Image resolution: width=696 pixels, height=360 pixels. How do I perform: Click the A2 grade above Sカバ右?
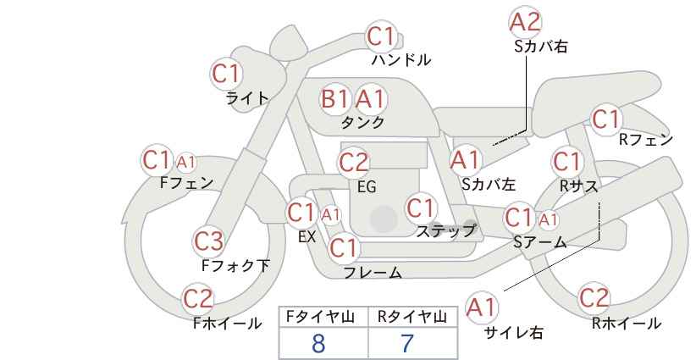(526, 22)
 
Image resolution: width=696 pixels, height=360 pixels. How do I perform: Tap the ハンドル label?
(401, 60)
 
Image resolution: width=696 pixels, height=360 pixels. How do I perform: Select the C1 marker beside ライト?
(226, 74)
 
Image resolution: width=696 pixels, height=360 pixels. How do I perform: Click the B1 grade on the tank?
(334, 98)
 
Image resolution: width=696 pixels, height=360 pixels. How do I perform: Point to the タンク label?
(362, 122)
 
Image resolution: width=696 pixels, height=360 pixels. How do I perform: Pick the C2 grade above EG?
(353, 163)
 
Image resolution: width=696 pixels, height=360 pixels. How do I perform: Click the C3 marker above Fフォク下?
(208, 241)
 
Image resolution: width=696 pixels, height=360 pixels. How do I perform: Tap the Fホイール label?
(227, 324)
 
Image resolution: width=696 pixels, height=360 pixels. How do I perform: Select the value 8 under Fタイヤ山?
(318, 344)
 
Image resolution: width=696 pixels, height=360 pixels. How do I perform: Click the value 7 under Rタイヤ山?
(407, 344)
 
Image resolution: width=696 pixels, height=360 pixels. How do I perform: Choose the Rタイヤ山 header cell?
(412, 317)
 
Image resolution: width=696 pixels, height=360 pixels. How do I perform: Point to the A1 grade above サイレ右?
(482, 307)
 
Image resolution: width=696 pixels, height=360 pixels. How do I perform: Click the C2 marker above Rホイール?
(594, 298)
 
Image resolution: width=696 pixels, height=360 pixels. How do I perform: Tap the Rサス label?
(579, 186)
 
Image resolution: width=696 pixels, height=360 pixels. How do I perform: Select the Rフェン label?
(646, 141)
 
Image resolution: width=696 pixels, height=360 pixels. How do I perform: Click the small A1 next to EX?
(330, 215)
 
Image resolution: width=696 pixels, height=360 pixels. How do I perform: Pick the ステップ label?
(445, 231)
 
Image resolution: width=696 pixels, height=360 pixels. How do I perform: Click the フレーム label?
(373, 273)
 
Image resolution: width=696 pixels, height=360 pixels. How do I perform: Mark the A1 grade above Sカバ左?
(465, 160)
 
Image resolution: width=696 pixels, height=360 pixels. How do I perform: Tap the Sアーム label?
(540, 242)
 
